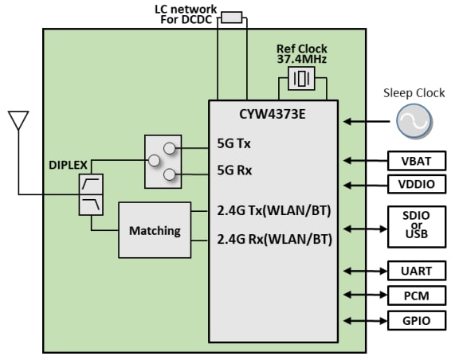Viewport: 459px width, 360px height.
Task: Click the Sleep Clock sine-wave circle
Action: tap(414, 122)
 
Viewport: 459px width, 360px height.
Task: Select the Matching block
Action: tap(155, 231)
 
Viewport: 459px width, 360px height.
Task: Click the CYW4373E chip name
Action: tap(273, 114)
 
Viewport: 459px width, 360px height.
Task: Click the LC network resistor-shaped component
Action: tap(231, 17)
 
